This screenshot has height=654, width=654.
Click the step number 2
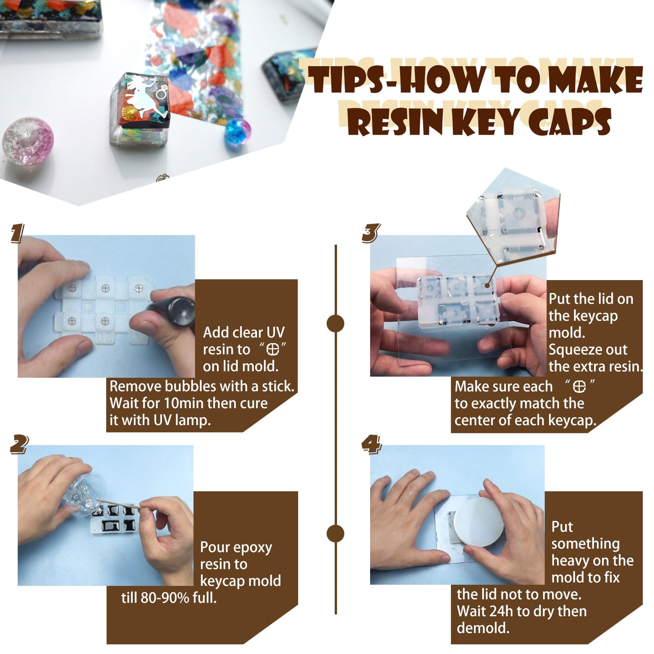click(18, 444)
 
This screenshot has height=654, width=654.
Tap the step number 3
click(370, 233)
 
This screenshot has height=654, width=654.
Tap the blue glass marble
click(237, 131)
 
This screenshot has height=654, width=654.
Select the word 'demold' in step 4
click(483, 628)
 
